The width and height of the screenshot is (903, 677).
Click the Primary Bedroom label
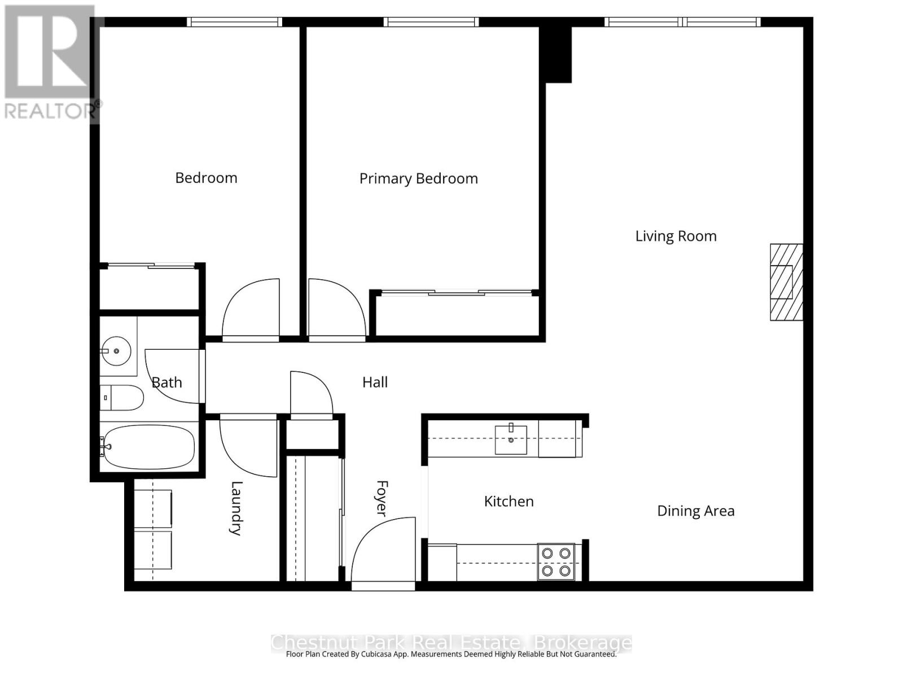418,179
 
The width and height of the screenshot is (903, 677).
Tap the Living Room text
676,236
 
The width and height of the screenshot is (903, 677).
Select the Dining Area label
695,511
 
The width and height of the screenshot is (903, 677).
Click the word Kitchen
509,501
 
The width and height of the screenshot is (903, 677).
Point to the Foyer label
383,498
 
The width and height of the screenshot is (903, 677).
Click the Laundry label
236,508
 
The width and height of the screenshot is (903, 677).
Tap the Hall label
375,383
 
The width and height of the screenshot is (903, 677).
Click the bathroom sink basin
116,351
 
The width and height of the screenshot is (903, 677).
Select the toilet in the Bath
122,398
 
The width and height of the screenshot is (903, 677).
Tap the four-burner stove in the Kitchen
556,562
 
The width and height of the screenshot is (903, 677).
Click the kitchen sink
511,439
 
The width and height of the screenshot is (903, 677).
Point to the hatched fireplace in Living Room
786,282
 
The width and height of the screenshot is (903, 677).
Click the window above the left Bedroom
234,22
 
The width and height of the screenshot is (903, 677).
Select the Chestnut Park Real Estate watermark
451,643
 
